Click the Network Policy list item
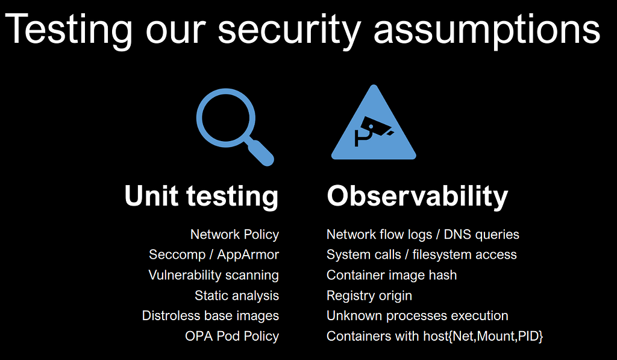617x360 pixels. (x=234, y=235)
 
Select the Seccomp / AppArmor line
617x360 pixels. (x=214, y=254)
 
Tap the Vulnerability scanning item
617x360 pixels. (x=213, y=275)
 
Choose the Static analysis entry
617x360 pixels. (x=237, y=295)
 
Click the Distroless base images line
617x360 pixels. (x=210, y=315)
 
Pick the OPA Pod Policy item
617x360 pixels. (x=232, y=336)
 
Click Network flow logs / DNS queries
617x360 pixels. (x=422, y=235)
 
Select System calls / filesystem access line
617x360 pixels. (x=421, y=254)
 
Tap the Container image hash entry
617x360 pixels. (x=392, y=275)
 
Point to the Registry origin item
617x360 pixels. (x=369, y=295)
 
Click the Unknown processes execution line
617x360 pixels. (x=417, y=315)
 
